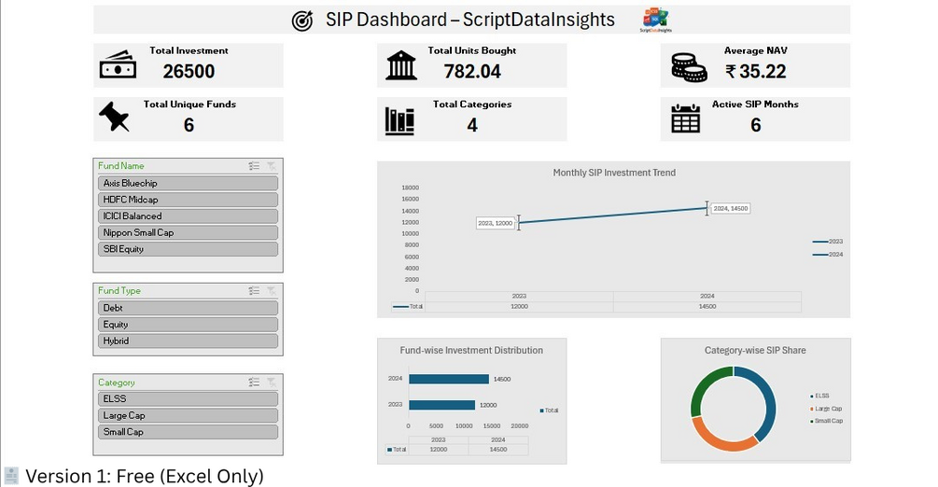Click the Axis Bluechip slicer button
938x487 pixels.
[x=188, y=184]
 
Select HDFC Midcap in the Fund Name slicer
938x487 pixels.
[x=188, y=200]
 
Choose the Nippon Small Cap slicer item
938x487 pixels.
[x=188, y=232]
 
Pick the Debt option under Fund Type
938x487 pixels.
[x=188, y=308]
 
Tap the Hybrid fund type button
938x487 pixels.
[x=188, y=341]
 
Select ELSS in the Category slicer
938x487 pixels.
[x=188, y=399]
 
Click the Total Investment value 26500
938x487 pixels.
[x=189, y=71]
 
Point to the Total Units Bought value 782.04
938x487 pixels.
[x=472, y=71]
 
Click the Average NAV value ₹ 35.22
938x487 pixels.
[x=756, y=71]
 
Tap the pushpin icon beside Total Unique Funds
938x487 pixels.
[x=114, y=118]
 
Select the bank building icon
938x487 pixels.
[x=401, y=65]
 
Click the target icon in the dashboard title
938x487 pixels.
[x=302, y=21]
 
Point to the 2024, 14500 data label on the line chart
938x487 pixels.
[x=731, y=209]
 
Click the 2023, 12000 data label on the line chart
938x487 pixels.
[x=495, y=224]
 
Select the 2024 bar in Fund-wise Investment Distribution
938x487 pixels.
[x=448, y=379]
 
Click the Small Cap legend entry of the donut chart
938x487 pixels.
[x=828, y=422]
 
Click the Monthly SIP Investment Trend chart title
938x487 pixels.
[x=614, y=173]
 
